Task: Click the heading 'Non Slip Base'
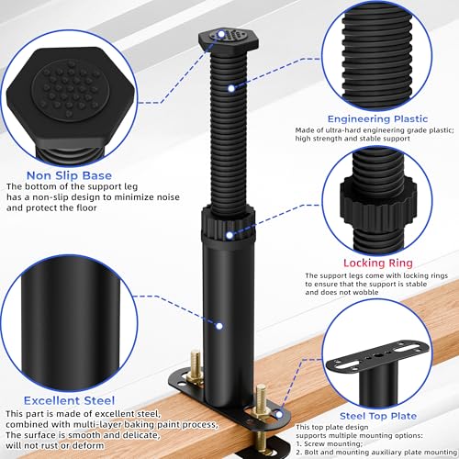(x=69, y=175)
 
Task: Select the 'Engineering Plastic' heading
(x=377, y=119)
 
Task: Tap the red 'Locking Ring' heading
(x=378, y=263)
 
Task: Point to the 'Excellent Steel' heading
(x=69, y=400)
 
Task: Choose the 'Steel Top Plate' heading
(x=378, y=416)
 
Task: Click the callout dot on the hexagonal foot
(x=221, y=33)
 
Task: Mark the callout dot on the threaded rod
(x=231, y=88)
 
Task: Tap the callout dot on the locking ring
(x=229, y=235)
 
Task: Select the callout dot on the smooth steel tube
(x=219, y=326)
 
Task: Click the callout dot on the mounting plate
(x=279, y=415)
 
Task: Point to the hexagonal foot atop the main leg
(x=229, y=40)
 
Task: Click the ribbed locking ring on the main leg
(x=228, y=223)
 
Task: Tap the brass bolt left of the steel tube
(x=196, y=366)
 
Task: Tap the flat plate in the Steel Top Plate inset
(x=378, y=356)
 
